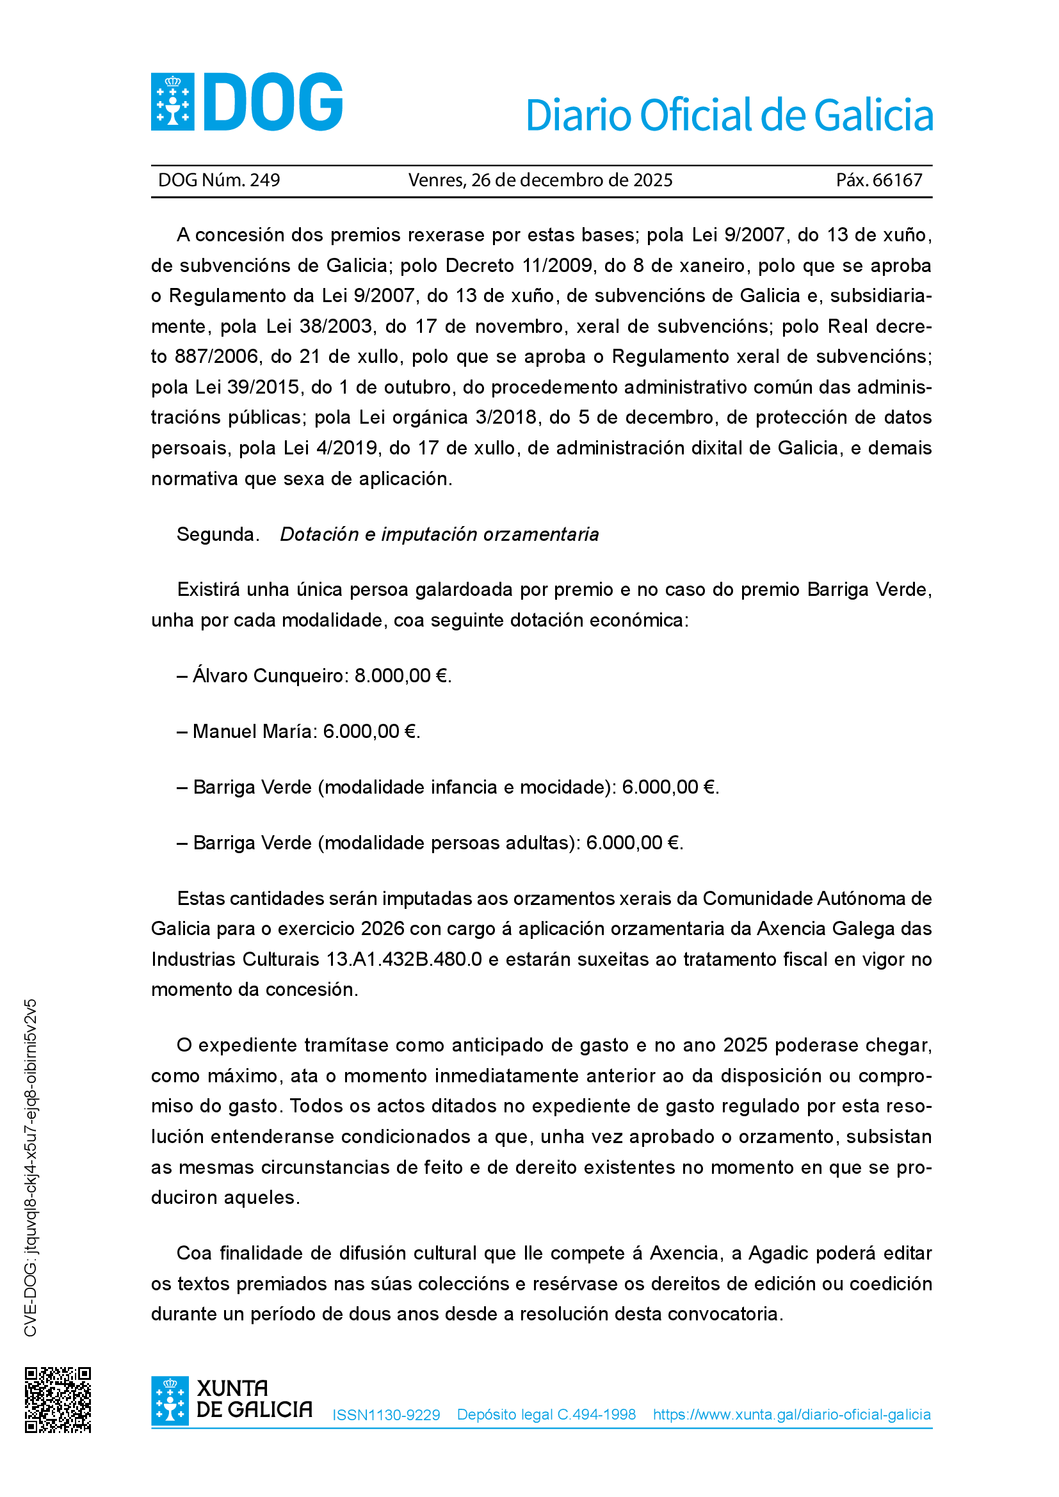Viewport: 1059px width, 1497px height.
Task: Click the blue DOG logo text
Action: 273,102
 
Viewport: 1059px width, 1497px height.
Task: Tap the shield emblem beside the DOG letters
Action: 173,102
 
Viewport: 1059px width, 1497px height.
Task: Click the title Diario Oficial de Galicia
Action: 729,115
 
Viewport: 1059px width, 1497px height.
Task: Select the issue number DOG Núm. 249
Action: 219,180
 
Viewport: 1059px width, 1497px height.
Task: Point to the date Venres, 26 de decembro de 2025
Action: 540,180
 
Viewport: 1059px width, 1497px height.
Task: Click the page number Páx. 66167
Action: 879,180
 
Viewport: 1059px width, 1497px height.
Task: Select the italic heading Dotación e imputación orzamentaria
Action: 439,534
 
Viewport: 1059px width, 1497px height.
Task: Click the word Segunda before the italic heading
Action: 218,534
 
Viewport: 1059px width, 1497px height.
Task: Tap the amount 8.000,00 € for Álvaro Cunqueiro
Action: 401,675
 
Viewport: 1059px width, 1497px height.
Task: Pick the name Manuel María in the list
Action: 254,732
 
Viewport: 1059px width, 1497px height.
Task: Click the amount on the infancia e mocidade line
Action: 669,787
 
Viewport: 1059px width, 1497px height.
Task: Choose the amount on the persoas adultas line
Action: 633,843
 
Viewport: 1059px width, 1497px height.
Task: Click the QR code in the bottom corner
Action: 58,1400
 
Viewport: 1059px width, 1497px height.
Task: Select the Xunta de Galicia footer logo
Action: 232,1400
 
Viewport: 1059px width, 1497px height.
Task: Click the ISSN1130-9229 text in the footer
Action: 386,1415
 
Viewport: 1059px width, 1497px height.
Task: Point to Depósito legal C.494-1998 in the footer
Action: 546,1414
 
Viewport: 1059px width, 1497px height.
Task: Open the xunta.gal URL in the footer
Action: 791,1414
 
